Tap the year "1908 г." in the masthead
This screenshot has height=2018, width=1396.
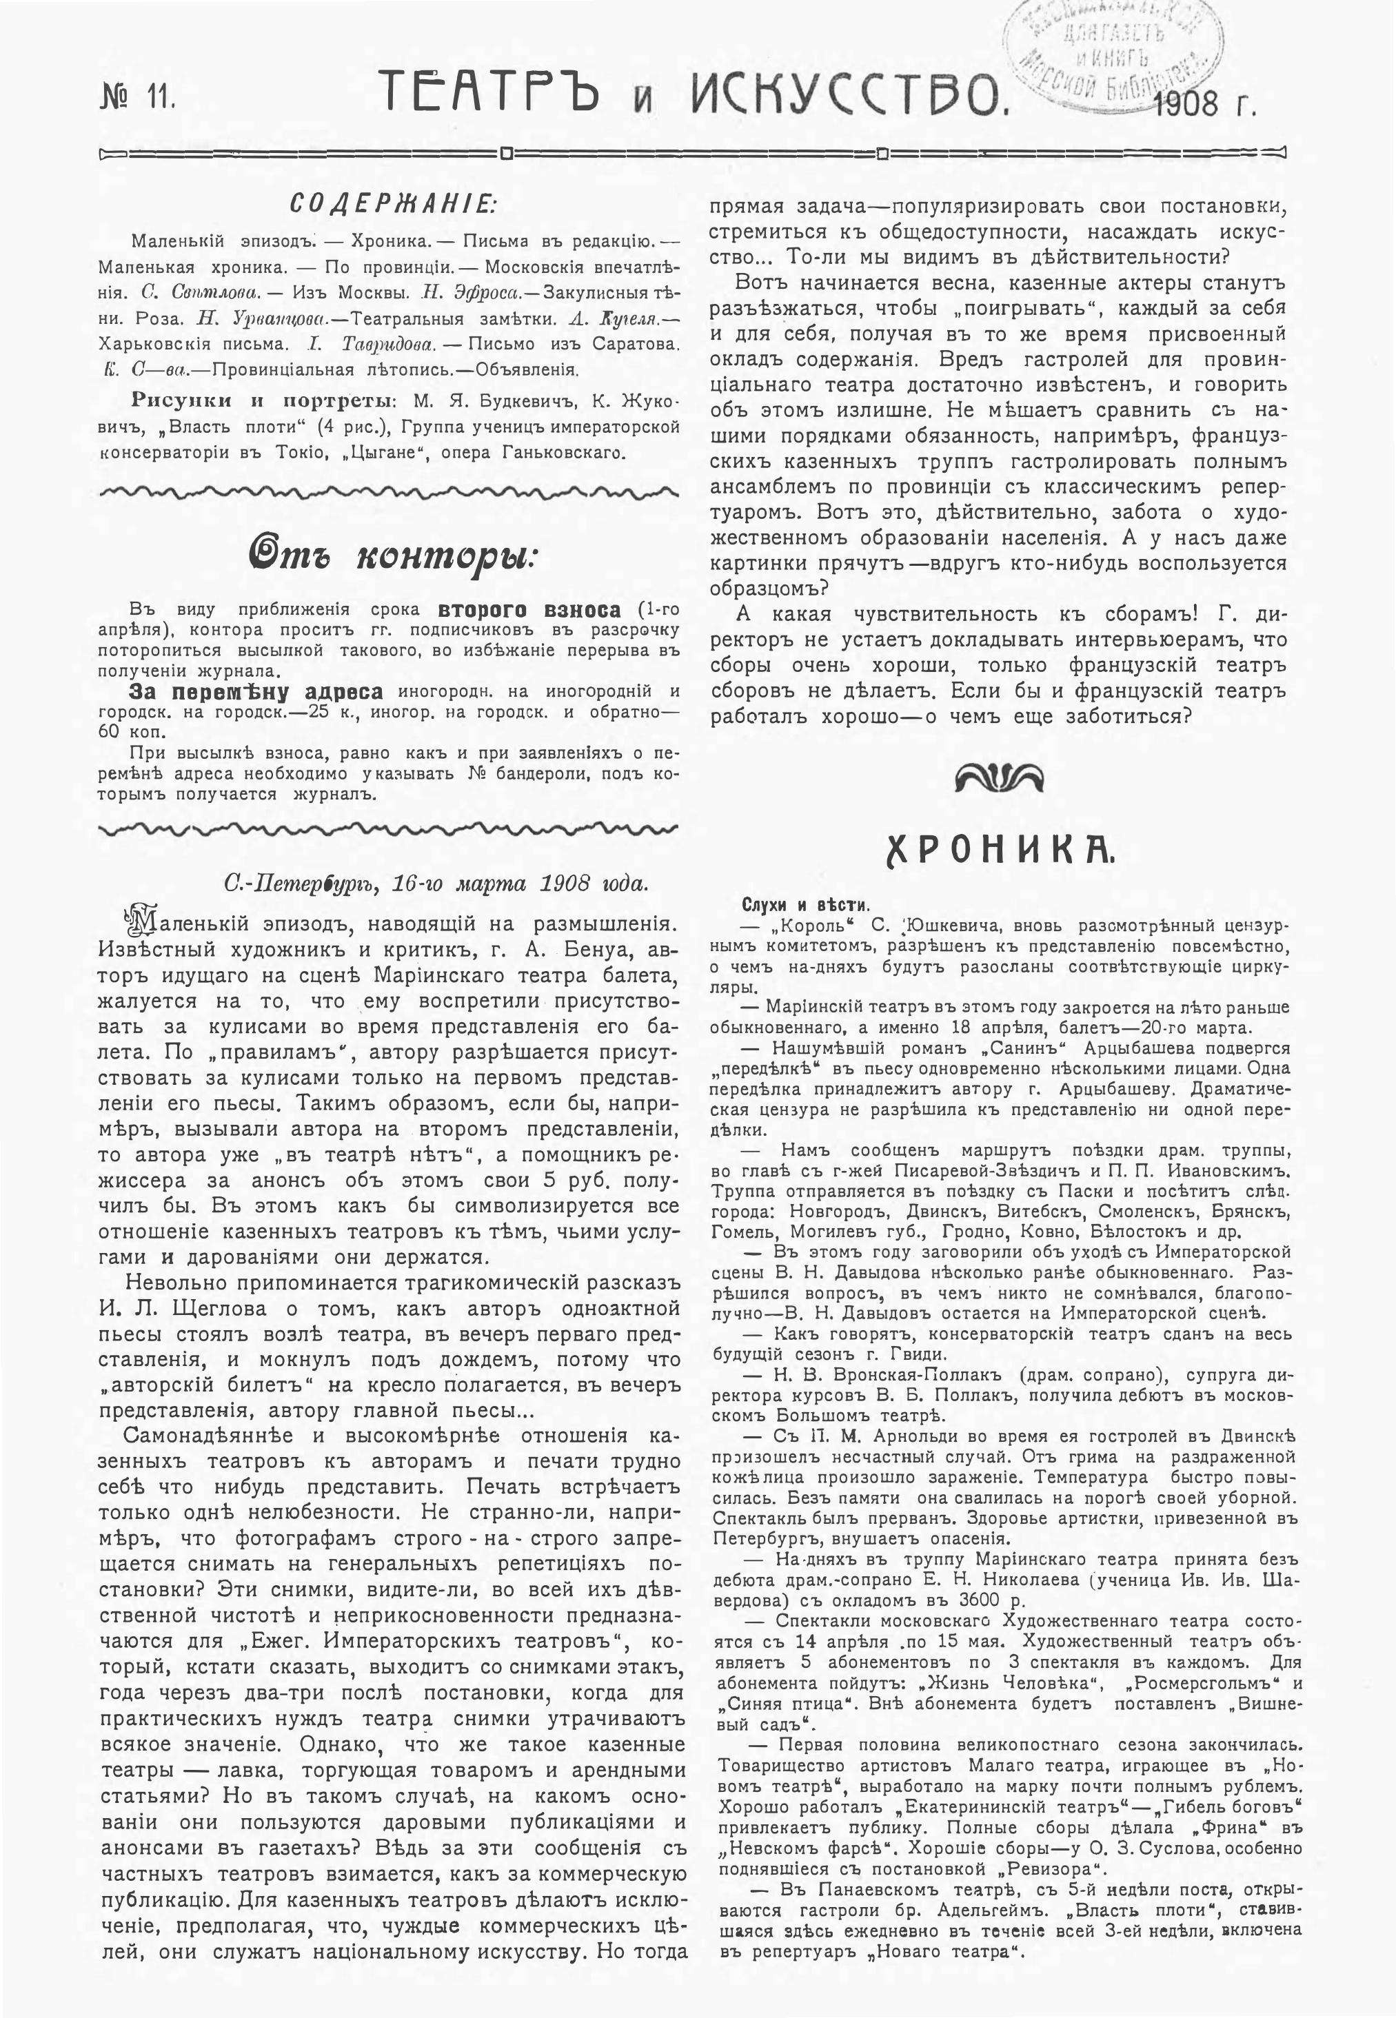[x=1205, y=104]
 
